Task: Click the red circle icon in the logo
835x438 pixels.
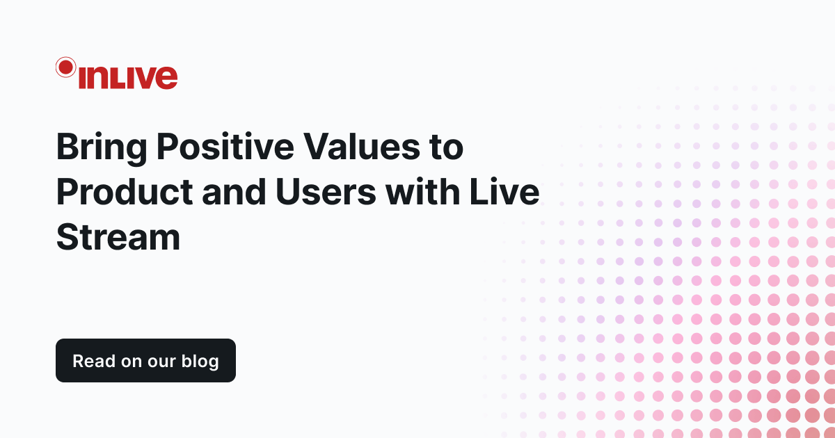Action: (65, 67)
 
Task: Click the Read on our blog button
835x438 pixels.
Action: (145, 361)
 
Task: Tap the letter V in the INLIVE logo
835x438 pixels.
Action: (145, 77)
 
